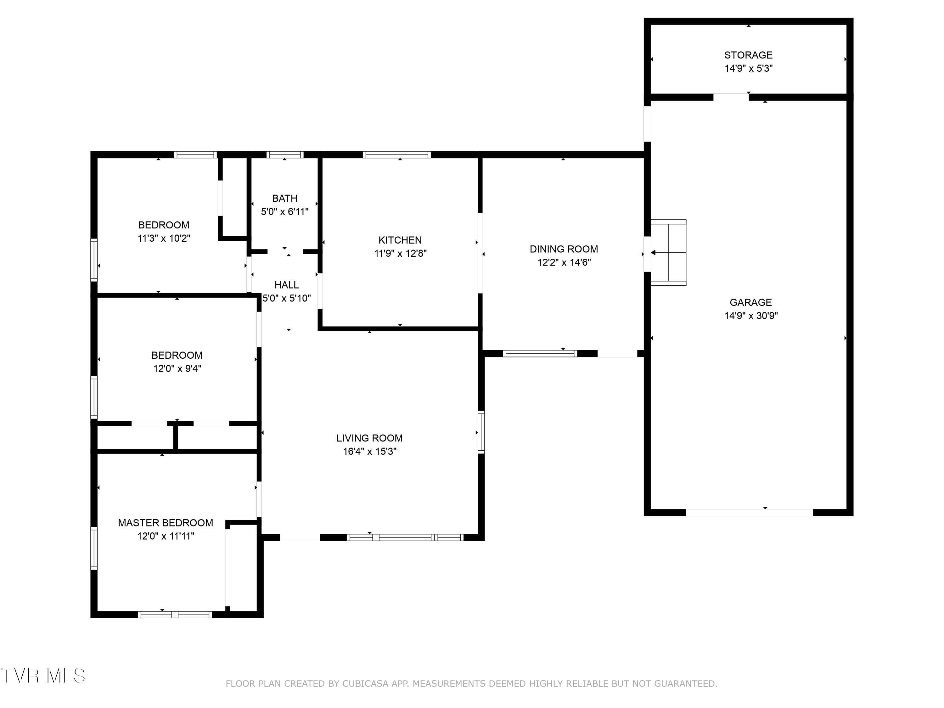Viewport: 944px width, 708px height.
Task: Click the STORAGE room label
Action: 748,55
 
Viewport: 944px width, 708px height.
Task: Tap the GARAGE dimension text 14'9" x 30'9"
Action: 751,316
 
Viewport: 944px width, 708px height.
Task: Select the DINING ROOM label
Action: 564,249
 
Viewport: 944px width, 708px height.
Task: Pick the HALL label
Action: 286,285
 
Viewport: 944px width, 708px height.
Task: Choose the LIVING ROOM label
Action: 370,438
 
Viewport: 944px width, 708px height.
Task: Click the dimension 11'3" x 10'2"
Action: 164,238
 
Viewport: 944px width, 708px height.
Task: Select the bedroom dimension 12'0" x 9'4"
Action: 177,368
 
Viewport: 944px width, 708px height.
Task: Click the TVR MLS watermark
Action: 43,676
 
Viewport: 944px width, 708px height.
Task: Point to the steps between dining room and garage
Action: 668,253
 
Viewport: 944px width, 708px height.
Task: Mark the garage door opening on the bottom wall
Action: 750,513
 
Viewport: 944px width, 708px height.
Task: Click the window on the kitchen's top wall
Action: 397,155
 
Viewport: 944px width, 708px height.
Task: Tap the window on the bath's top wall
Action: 285,155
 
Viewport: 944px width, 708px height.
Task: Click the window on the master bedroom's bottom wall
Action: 175,615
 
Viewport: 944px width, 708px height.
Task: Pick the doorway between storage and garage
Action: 731,97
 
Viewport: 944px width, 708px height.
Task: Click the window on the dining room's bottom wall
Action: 540,353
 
